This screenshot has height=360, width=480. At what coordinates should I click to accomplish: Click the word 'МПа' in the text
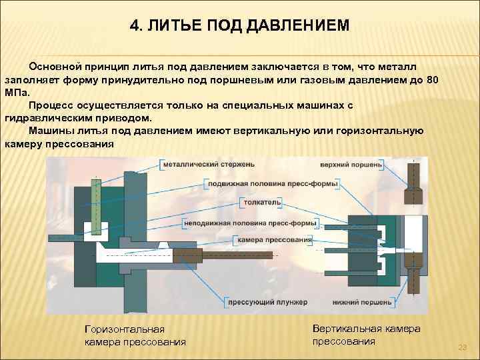click(16, 93)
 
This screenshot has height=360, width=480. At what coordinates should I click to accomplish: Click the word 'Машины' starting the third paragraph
click(48, 131)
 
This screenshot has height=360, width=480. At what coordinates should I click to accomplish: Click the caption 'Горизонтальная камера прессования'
click(135, 335)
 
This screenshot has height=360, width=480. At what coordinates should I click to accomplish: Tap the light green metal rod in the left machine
click(97, 200)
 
